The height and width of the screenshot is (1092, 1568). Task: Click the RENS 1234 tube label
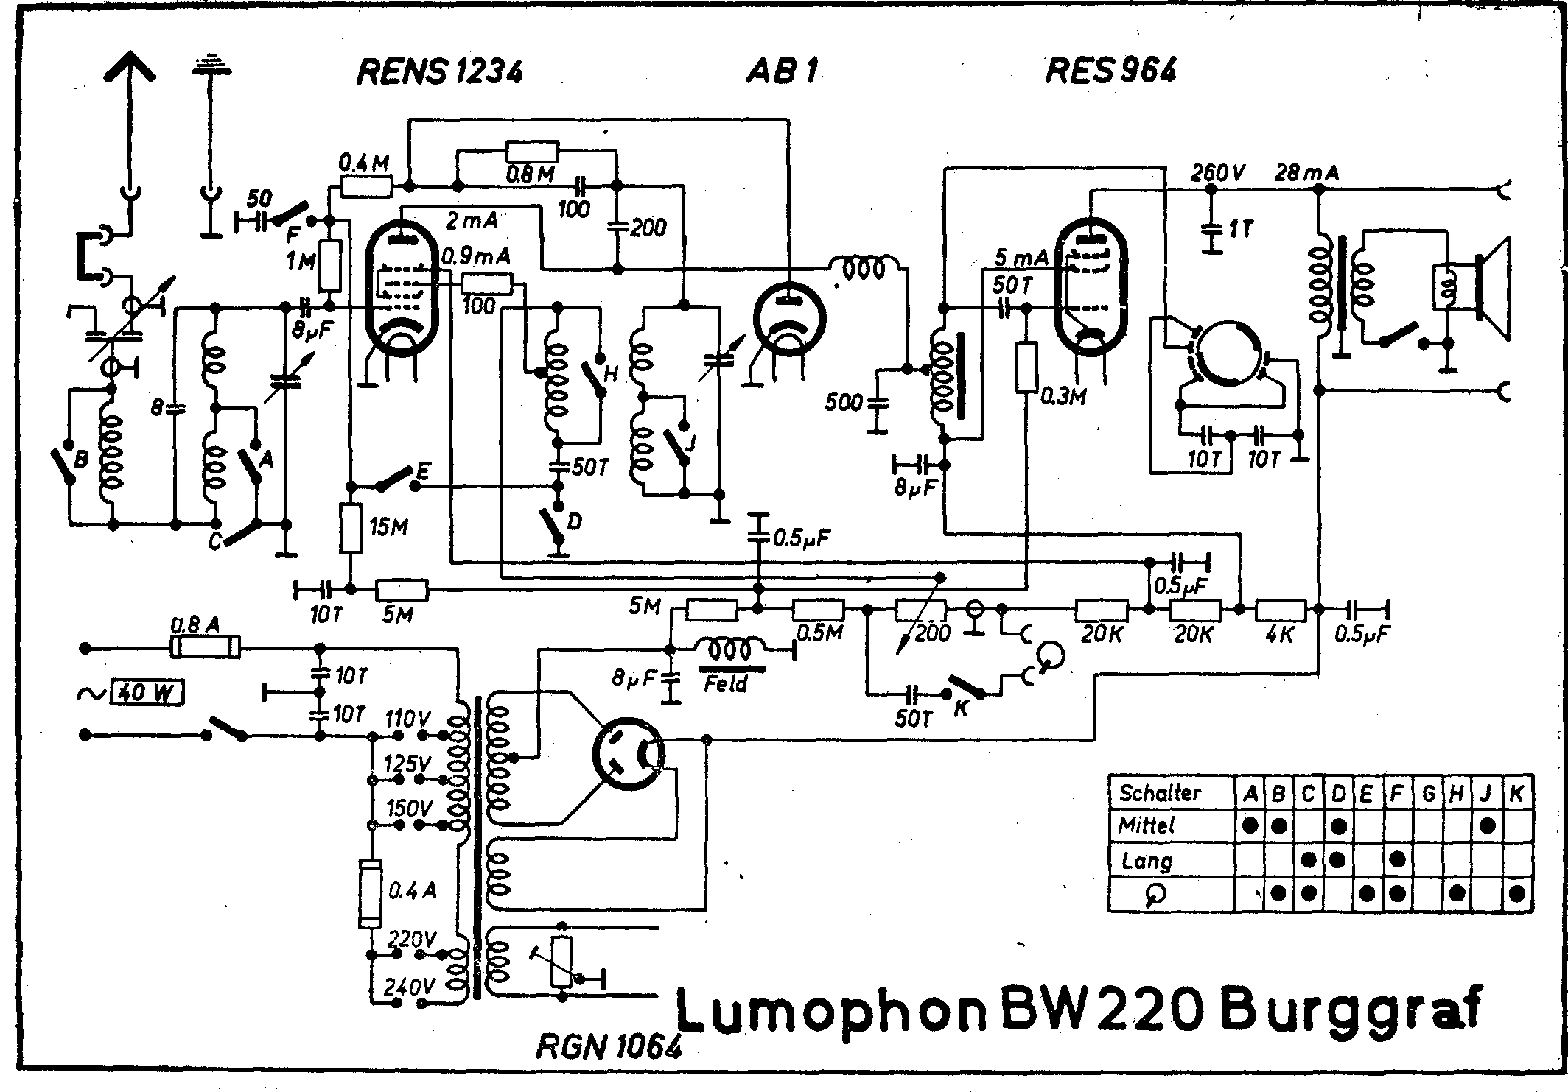(x=440, y=71)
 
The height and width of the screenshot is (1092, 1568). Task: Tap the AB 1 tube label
(x=783, y=71)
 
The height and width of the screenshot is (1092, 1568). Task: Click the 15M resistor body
(x=351, y=528)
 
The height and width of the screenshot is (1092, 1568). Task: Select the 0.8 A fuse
(x=205, y=649)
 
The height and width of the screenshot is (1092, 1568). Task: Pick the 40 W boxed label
(x=147, y=693)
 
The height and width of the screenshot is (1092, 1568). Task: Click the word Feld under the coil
(x=726, y=683)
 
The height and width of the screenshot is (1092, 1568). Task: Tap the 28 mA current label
(x=1307, y=174)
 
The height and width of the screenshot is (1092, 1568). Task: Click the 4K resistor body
(x=1281, y=610)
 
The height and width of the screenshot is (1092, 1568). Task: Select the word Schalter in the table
(x=1160, y=793)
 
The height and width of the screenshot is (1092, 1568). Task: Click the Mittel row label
(x=1146, y=825)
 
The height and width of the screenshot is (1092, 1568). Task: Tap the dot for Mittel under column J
(x=1487, y=825)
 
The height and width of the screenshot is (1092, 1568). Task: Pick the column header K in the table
(x=1516, y=793)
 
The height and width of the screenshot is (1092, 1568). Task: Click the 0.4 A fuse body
(x=369, y=893)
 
